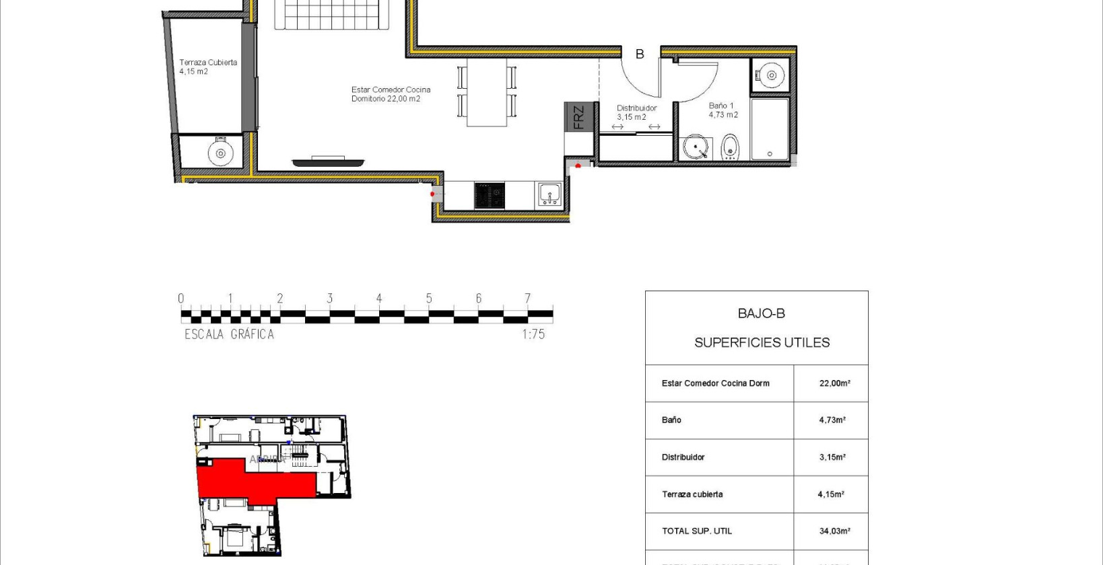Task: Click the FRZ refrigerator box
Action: [578, 117]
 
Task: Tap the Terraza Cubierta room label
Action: [207, 67]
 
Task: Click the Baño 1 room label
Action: [723, 110]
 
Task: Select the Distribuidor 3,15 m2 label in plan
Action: [636, 112]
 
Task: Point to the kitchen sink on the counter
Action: [549, 195]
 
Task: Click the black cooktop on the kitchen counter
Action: [490, 196]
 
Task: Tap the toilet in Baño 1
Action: [730, 147]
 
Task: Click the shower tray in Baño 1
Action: [769, 129]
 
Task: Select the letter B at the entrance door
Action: [640, 54]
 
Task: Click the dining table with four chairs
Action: [487, 92]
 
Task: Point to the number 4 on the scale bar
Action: [379, 298]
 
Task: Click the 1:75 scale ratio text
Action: [533, 334]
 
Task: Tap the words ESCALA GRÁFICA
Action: [229, 334]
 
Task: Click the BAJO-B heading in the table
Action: [761, 313]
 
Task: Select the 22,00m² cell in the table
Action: [834, 383]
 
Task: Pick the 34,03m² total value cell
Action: [834, 531]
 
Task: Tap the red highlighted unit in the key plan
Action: [256, 479]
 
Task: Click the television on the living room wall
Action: [328, 161]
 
